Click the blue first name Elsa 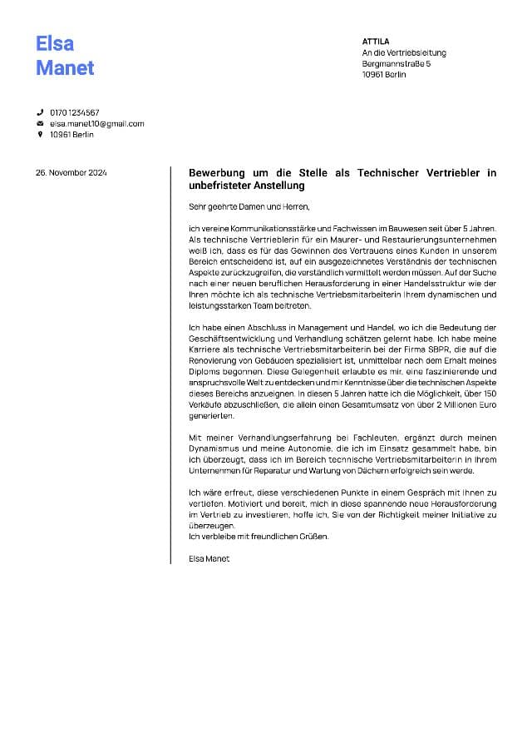[x=55, y=43]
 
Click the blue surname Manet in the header [x=65, y=68]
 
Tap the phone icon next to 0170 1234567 [x=39, y=112]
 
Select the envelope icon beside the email [x=39, y=124]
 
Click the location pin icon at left [x=39, y=135]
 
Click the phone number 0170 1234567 [x=75, y=112]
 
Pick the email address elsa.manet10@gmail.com [x=96, y=124]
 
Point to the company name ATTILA [x=376, y=42]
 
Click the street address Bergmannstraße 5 [x=397, y=63]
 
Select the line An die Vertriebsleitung [x=404, y=52]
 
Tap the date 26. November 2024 [x=71, y=173]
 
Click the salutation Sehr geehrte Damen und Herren [x=249, y=206]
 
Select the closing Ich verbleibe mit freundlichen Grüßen [x=259, y=537]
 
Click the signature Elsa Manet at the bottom [x=209, y=558]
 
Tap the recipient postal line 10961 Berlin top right [x=384, y=75]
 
